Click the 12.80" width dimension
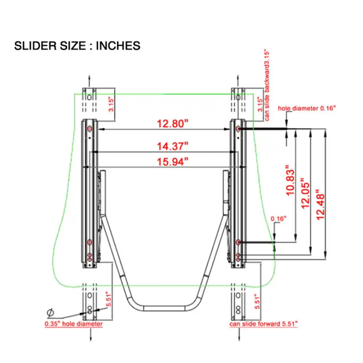172,124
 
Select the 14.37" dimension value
172,146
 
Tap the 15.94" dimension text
172,162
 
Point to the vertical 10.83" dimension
290,180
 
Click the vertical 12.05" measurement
306,193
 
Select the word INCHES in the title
118,46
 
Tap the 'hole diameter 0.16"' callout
307,108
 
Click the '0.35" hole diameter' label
74,324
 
